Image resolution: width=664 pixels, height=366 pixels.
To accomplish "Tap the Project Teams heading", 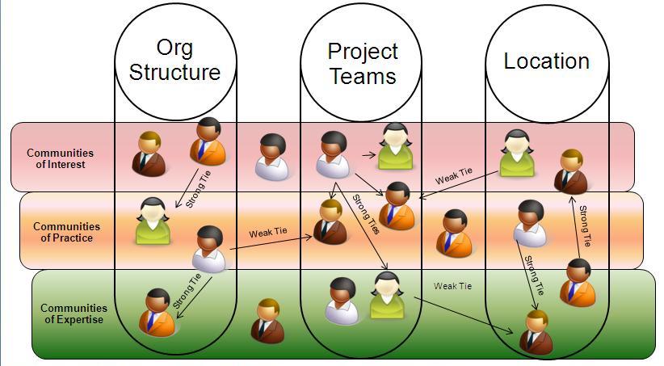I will pyautogui.click(x=363, y=64).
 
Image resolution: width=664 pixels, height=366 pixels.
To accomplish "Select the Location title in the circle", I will pyautogui.click(x=546, y=61).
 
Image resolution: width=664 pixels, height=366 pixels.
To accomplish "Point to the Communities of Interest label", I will pyautogui.click(x=60, y=158).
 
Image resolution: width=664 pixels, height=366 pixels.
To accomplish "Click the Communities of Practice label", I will pyautogui.click(x=66, y=232).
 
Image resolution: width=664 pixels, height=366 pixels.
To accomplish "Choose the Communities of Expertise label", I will pyautogui.click(x=74, y=313).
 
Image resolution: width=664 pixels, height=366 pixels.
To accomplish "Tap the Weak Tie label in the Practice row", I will pyautogui.click(x=267, y=233).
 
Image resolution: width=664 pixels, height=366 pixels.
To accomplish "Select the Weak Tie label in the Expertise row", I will pyautogui.click(x=452, y=286).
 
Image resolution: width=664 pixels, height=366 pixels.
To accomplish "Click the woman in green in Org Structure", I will pyautogui.click(x=153, y=221).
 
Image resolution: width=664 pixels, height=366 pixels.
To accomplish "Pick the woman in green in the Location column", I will pyautogui.click(x=516, y=153).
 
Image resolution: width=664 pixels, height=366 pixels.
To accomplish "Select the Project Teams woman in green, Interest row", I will pyautogui.click(x=395, y=146).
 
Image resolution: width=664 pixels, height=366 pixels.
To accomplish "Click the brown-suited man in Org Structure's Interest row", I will pyautogui.click(x=149, y=153).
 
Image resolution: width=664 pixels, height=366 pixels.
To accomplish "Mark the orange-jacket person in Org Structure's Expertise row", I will pyautogui.click(x=155, y=313).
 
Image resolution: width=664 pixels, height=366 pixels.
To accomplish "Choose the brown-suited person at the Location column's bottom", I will pyautogui.click(x=536, y=332).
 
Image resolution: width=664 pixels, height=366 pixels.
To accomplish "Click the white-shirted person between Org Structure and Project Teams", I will pyautogui.click(x=272, y=157).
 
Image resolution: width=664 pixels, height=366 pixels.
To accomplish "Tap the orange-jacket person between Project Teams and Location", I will pyautogui.click(x=454, y=233).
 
